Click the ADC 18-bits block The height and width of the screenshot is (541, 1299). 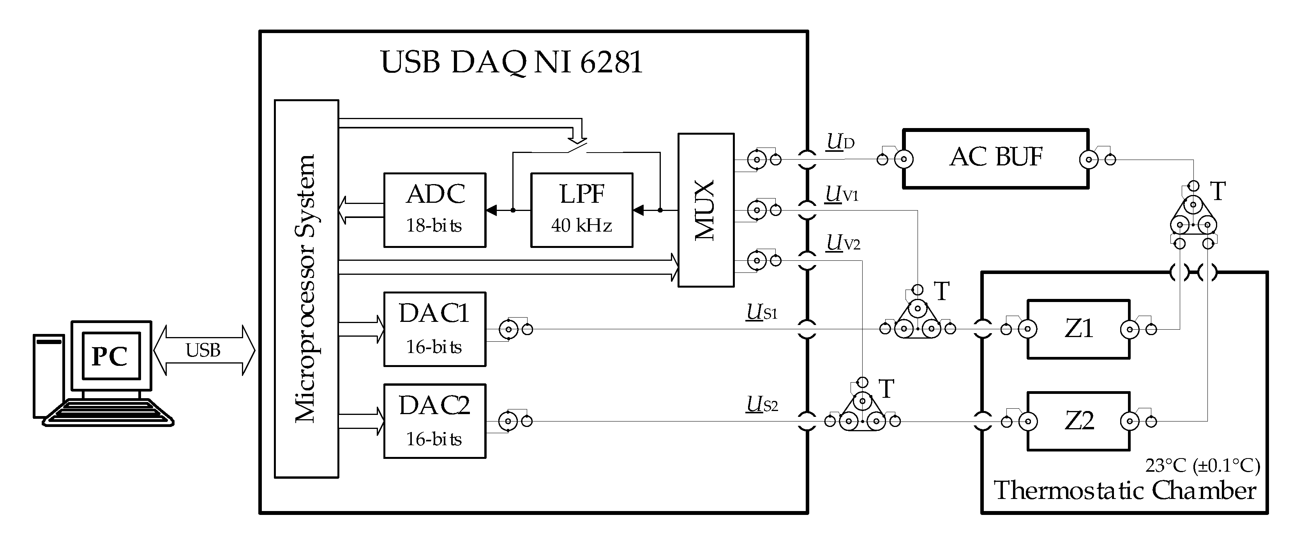click(435, 210)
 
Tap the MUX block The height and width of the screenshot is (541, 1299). click(706, 210)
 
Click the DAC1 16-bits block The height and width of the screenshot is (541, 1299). click(435, 329)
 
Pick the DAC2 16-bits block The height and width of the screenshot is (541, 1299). click(435, 421)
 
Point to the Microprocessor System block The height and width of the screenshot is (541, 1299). click(307, 289)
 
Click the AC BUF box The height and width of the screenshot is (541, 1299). click(996, 159)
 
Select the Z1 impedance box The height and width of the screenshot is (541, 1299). click(1078, 329)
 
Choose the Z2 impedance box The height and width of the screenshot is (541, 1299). click(1078, 421)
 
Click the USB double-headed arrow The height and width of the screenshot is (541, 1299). click(204, 350)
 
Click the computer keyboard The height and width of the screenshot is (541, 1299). click(108, 413)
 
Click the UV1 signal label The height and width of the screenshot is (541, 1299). click(842, 195)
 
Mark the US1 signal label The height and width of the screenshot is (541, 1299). click(762, 312)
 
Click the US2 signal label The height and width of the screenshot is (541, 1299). click(762, 404)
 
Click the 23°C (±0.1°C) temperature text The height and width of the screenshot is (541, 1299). click(1202, 465)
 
